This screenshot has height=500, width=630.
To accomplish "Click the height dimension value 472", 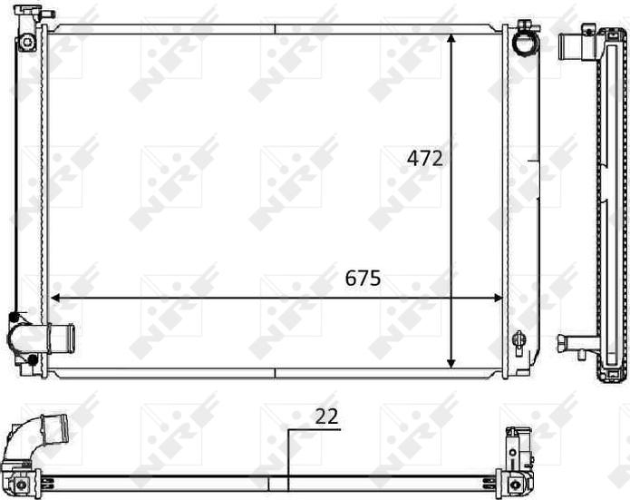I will (424, 158).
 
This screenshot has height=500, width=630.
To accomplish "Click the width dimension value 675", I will (363, 279).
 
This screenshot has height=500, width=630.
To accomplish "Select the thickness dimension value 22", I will (326, 417).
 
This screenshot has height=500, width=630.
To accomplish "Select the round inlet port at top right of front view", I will (523, 42).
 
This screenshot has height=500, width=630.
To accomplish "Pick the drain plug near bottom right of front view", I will (519, 341).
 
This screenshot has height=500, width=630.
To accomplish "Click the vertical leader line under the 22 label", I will (288, 454).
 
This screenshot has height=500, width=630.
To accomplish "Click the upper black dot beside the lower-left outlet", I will (13, 317).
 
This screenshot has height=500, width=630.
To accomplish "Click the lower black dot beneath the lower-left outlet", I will (33, 360).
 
